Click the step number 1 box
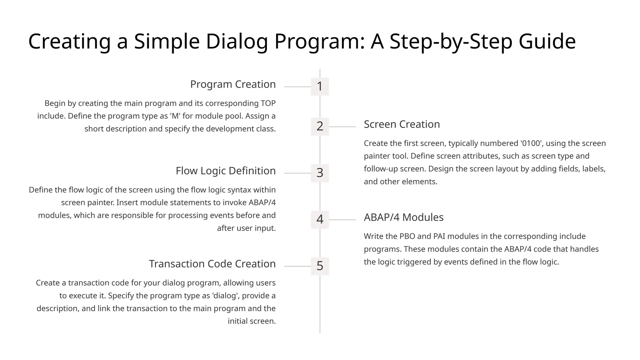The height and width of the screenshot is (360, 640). pos(320,87)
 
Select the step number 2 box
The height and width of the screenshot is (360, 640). pos(320,127)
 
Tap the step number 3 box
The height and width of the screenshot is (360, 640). pos(320,173)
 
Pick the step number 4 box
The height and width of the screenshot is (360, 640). pos(320,219)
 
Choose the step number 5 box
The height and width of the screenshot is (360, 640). pos(320,266)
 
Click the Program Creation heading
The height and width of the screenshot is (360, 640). pos(233,84)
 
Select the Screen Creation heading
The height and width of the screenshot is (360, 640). pos(402,124)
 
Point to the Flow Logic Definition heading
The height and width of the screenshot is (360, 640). pos(226,171)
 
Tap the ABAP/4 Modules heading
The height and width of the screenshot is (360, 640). pos(403,217)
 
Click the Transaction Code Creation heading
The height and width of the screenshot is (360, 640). pos(212,264)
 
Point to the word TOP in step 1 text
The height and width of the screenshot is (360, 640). pos(268,103)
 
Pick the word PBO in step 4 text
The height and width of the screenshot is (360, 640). pos(407,236)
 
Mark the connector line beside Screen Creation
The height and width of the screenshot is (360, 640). pos(342,127)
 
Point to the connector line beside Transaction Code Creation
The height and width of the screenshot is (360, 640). pos(297,266)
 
